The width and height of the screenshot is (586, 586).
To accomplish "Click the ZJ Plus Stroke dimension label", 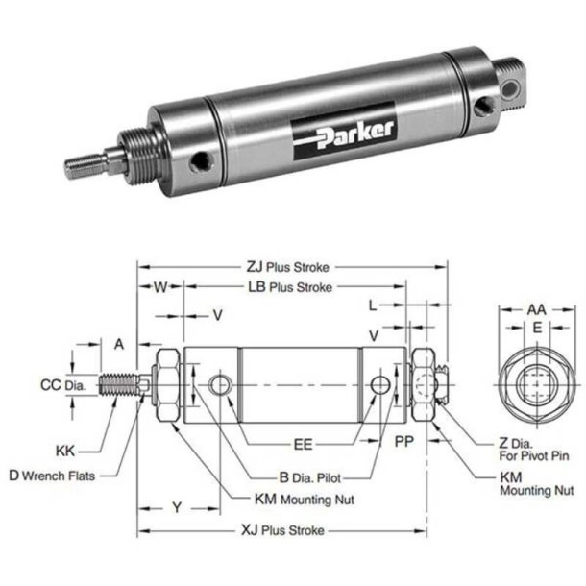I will (289, 269).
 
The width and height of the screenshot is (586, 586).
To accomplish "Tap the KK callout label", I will (64, 448).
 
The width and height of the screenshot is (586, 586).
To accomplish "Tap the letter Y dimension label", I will (176, 504).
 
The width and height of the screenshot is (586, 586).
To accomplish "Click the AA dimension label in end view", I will (536, 309).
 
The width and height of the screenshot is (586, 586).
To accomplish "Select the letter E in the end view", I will (537, 328).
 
